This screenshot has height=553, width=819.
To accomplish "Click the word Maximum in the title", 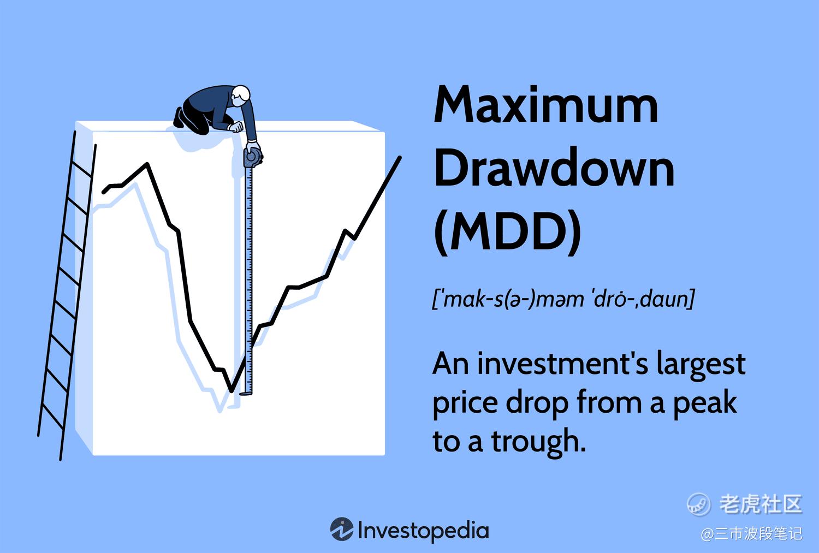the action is click(x=545, y=104).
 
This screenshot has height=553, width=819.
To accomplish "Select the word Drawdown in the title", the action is click(x=554, y=167).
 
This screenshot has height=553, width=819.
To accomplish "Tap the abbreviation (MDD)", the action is click(x=507, y=231).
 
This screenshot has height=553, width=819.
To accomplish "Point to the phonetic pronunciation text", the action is click(x=563, y=298).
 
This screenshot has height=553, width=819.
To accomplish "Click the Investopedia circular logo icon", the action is click(x=341, y=529).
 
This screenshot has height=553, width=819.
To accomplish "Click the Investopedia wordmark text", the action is click(x=423, y=530).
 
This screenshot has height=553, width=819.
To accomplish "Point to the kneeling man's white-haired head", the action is click(x=241, y=94).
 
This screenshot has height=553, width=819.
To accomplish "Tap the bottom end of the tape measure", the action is click(x=246, y=393).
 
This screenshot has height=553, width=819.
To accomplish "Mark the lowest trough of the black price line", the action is click(x=232, y=391).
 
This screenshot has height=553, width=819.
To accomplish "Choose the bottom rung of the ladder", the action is click(x=52, y=416).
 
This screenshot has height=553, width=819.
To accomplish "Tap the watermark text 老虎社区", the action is click(x=761, y=504).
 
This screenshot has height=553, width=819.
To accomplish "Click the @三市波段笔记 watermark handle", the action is click(x=751, y=534).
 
